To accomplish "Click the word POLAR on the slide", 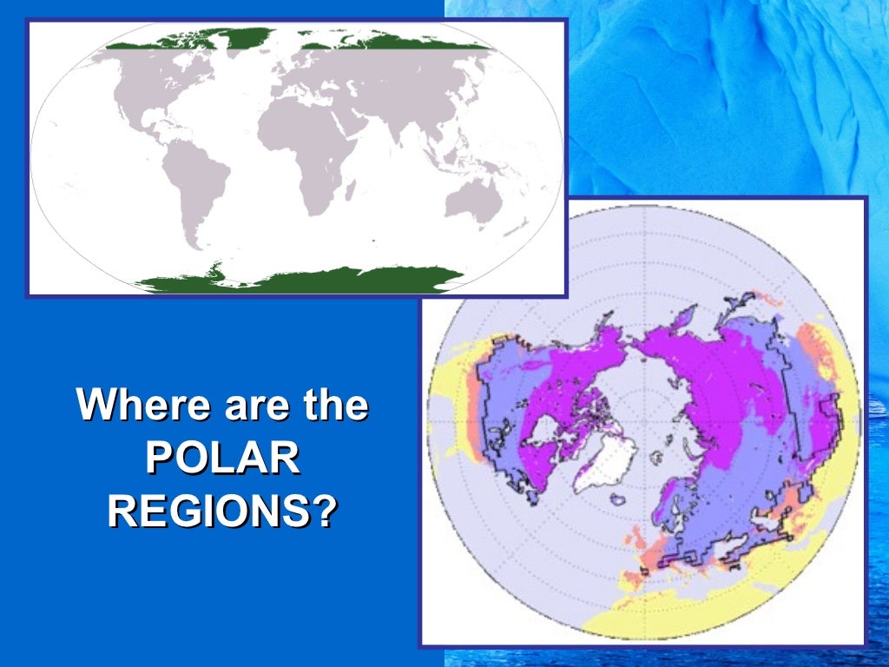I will click(222, 459).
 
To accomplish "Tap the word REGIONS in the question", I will click(208, 512).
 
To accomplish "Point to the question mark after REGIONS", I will click(323, 512).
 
